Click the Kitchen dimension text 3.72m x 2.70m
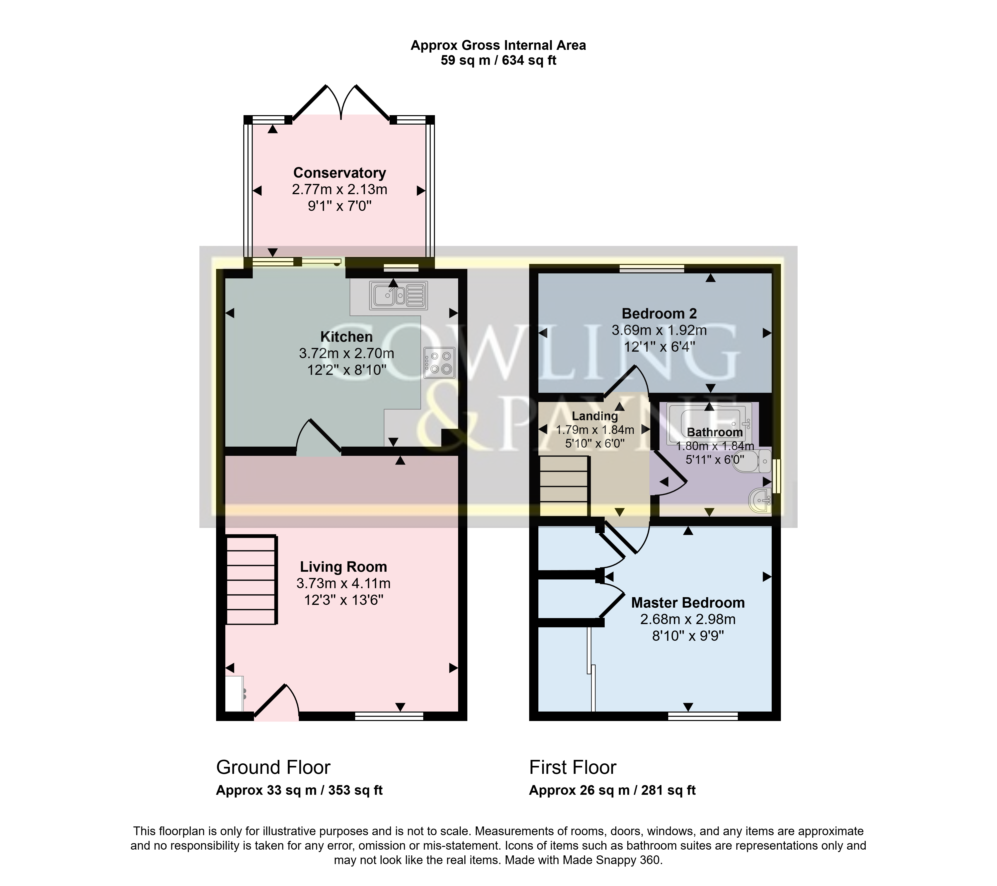pyautogui.click(x=346, y=353)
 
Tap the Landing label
pyautogui.click(x=595, y=416)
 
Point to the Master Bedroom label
pyautogui.click(x=688, y=603)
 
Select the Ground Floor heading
pyautogui.click(x=273, y=768)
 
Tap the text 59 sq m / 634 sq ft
pyautogui.click(x=498, y=61)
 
